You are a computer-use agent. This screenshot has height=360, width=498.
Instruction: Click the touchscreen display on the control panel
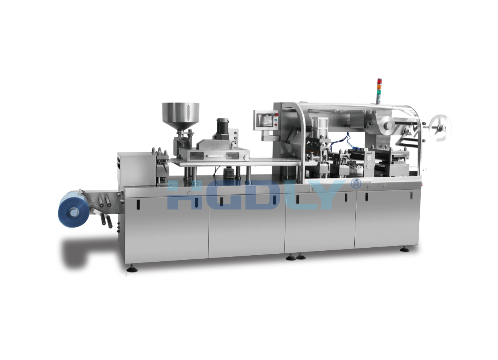coord(265,120)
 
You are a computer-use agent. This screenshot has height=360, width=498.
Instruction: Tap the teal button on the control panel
coord(276,119)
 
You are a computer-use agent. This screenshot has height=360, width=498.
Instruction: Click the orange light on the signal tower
coord(379,87)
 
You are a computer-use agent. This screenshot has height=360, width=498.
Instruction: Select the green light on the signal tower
coord(379,93)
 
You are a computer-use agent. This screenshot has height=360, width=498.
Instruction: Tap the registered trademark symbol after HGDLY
coord(355,184)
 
